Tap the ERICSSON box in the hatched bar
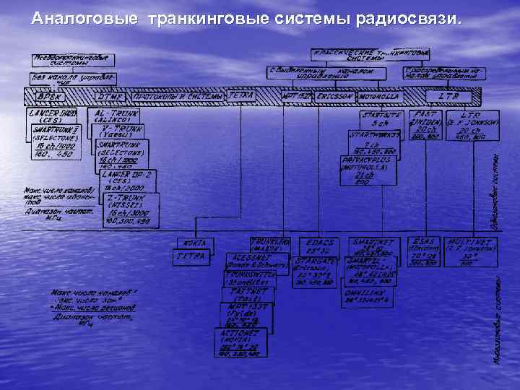pos(334,96)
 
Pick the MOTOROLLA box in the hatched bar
pos(379,96)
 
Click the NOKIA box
pos(194,243)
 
